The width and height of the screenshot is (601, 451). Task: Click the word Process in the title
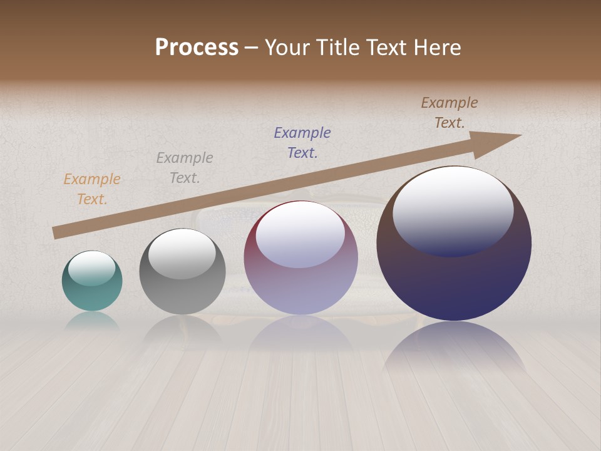pyautogui.click(x=197, y=48)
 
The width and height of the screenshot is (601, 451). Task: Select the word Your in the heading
pyautogui.click(x=288, y=48)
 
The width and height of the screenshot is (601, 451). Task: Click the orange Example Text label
pyautogui.click(x=92, y=189)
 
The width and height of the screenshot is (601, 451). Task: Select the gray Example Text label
pyautogui.click(x=185, y=168)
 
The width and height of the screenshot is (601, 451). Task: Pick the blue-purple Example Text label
pyautogui.click(x=302, y=143)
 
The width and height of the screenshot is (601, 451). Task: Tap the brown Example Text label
pyautogui.click(x=449, y=113)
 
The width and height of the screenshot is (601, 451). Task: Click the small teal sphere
pyautogui.click(x=92, y=294)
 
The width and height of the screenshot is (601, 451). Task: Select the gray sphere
pyautogui.click(x=182, y=294)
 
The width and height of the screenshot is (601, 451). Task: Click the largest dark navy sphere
pyautogui.click(x=454, y=282)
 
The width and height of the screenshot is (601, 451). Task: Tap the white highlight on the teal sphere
pyautogui.click(x=91, y=267)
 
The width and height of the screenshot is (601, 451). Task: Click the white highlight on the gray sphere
pyautogui.click(x=182, y=254)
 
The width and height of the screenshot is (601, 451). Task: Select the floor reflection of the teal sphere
pyautogui.click(x=92, y=321)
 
